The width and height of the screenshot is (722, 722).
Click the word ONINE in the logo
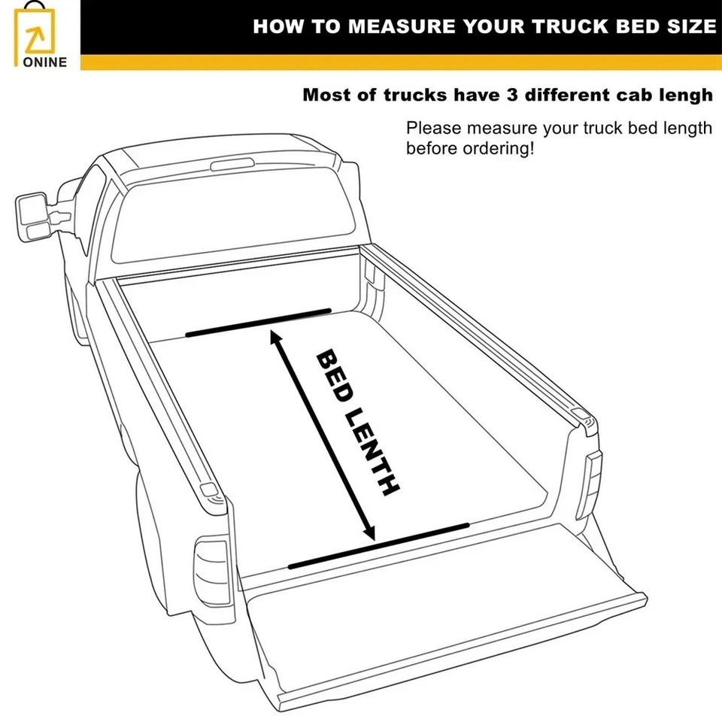click(44, 62)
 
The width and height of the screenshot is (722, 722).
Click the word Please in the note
click(432, 128)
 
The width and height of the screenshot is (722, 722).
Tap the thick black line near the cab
click(259, 321)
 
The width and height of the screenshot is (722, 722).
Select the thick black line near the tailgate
click(378, 545)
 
